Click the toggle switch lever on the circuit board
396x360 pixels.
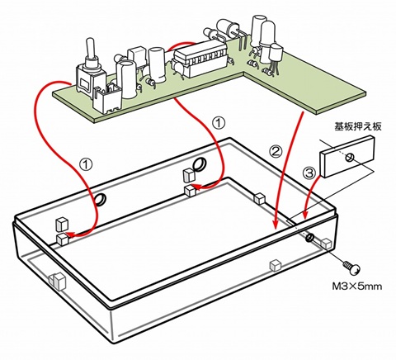point(88,49)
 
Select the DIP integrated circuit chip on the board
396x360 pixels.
point(199,59)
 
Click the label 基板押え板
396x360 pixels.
point(357,129)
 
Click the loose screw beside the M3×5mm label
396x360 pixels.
point(352,268)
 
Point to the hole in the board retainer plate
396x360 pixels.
point(350,157)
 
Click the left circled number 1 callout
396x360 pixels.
point(85,164)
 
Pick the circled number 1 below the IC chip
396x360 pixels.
point(219,121)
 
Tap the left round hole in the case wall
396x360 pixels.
point(101,200)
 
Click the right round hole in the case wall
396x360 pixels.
point(200,163)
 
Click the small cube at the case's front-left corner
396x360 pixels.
point(58,280)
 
